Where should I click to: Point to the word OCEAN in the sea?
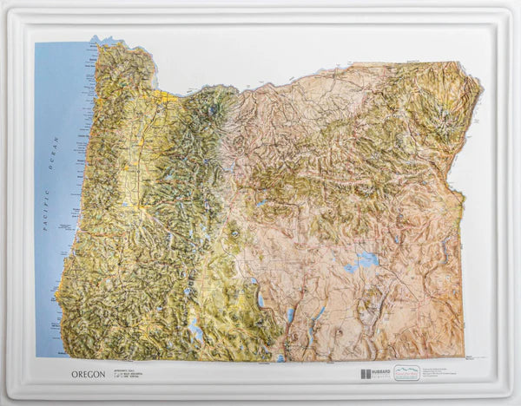tap(55, 154)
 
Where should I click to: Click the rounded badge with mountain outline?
tap(406, 373)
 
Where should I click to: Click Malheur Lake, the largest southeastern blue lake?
tap(368, 259)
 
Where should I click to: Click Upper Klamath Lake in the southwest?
tap(195, 331)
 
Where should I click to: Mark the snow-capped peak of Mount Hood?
tap(214, 110)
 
